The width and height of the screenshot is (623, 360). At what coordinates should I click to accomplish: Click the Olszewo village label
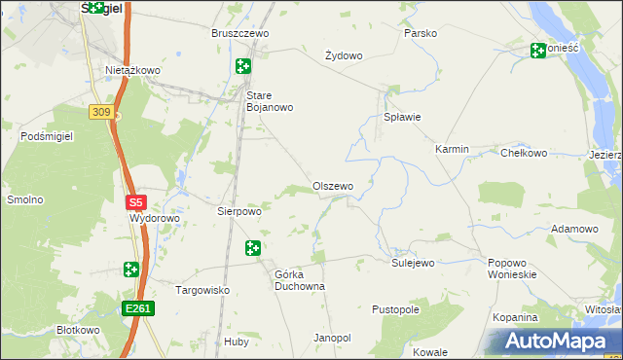pos(332,186)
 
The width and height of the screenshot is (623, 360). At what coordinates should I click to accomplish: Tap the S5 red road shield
pos(135,202)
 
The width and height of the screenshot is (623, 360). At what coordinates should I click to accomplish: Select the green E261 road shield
pos(138,308)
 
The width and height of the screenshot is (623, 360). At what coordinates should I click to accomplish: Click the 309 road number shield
pos(99,112)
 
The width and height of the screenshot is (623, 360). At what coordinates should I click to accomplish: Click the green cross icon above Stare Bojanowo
pos(242,66)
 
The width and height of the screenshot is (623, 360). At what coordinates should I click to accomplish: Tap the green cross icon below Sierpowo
pos(253,248)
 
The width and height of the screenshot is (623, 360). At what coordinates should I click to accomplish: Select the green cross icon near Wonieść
pos(538,51)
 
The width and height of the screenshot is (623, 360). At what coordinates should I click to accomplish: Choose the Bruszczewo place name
pos(239,33)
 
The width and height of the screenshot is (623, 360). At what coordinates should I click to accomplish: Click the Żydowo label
pos(343,55)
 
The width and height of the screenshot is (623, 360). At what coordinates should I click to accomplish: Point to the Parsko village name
pos(420,33)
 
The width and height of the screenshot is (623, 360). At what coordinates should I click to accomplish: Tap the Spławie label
pos(401,117)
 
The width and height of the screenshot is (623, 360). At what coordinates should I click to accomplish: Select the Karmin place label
pos(452,149)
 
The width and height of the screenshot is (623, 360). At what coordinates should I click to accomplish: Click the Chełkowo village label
pos(524,153)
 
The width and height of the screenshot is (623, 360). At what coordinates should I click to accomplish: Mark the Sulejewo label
pos(413,263)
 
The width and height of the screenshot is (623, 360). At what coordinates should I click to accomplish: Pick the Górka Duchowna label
pos(299,280)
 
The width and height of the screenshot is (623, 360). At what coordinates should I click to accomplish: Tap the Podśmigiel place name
pos(47,136)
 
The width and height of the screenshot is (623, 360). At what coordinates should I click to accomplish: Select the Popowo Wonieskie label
pos(512,269)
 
